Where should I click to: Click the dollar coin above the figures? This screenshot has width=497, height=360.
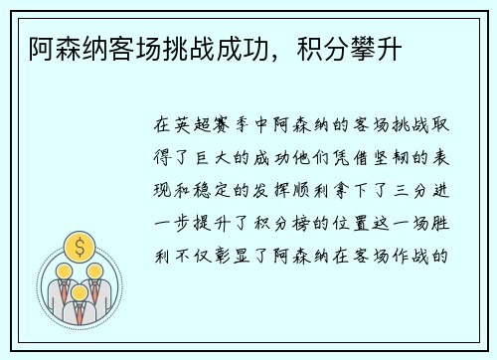tap(79, 246)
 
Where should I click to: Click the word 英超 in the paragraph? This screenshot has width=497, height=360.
tap(189, 126)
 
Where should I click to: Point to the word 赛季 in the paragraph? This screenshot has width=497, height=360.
tap(230, 126)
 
